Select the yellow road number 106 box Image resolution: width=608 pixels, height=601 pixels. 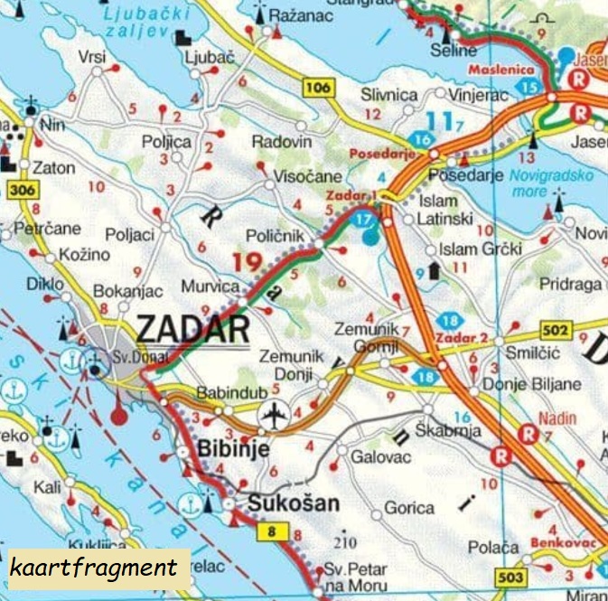pyautogui.click(x=318, y=88)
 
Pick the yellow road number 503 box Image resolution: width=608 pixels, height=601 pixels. pyautogui.click(x=485, y=576)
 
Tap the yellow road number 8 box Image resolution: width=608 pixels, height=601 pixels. pyautogui.click(x=272, y=532)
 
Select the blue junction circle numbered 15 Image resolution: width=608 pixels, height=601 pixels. pyautogui.click(x=530, y=87)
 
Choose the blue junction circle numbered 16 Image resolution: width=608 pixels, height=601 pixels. pyautogui.click(x=420, y=140)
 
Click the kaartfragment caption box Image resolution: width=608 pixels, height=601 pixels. pyautogui.click(x=93, y=568)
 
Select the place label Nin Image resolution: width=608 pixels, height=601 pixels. pyautogui.click(x=53, y=125)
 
